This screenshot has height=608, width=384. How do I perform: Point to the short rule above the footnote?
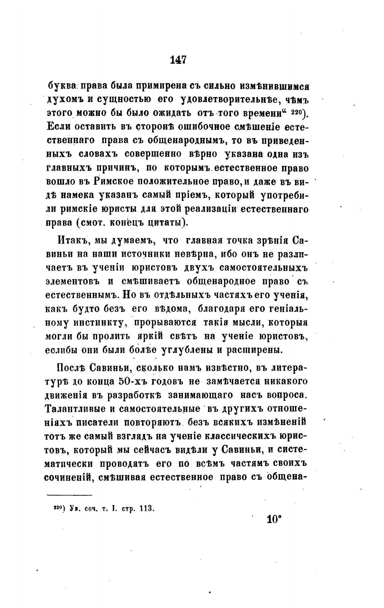tap(69, 495)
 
